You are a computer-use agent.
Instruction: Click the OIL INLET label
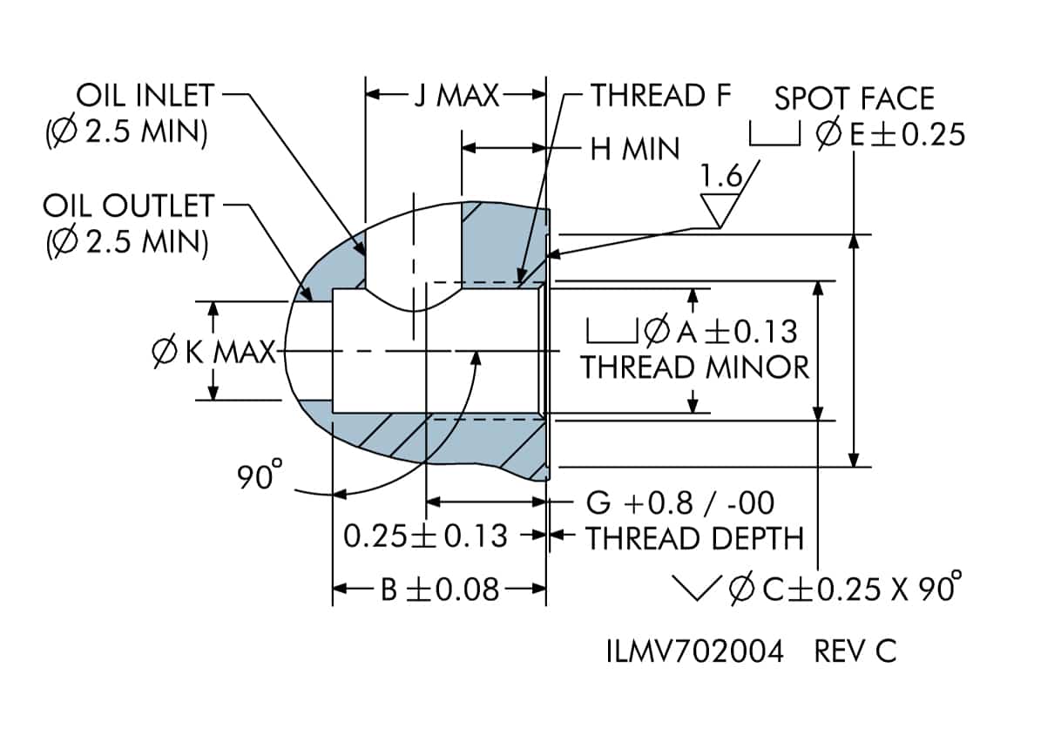[x=144, y=93]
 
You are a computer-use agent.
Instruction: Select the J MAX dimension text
[x=456, y=95]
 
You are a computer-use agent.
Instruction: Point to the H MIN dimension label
[x=634, y=149]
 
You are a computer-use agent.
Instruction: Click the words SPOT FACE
[x=854, y=98]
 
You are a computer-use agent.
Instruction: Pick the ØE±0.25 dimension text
[x=891, y=135]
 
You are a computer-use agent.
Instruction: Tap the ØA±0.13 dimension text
[x=720, y=331]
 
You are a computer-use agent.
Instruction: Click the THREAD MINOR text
[x=695, y=367]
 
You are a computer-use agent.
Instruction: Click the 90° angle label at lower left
[x=260, y=475]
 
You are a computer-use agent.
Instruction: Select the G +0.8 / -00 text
[x=680, y=502]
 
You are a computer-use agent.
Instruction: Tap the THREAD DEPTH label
[x=694, y=538]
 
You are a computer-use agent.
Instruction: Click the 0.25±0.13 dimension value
[x=425, y=536]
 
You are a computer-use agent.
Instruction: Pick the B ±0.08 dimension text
[x=440, y=590]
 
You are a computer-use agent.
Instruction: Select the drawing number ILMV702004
[x=694, y=651]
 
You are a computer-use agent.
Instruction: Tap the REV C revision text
[x=855, y=651]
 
